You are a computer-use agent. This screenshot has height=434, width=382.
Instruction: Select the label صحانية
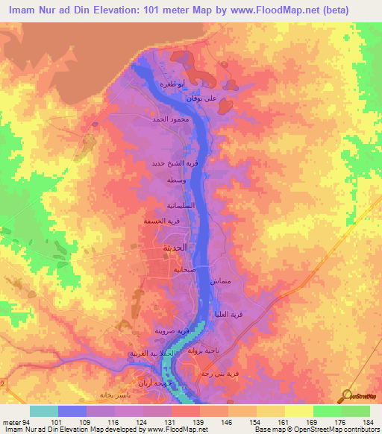(184, 271)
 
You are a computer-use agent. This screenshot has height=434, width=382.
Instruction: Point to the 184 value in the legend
(367, 421)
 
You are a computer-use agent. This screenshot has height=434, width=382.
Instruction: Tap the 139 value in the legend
(198, 421)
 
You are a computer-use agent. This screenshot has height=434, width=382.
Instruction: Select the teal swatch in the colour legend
(43, 411)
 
